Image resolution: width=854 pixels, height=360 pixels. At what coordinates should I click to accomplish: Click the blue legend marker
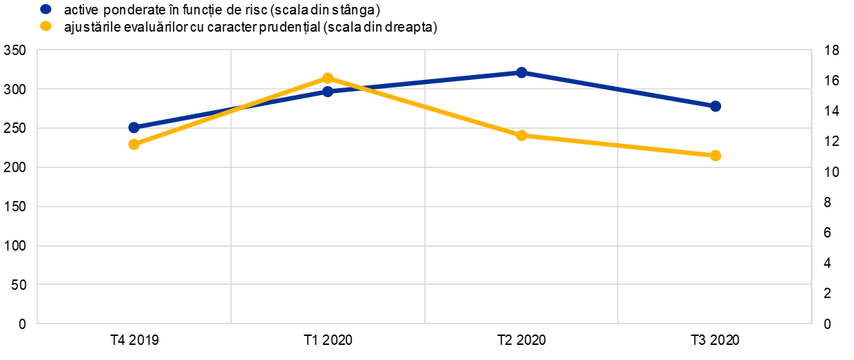(45, 9)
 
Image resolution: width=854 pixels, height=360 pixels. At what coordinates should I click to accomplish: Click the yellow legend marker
(45, 26)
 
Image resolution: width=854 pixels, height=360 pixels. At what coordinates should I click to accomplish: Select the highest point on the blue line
(521, 72)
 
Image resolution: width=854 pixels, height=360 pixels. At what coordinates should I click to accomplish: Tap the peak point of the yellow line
(328, 78)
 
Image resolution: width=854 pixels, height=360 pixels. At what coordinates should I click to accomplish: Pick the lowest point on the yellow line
(716, 156)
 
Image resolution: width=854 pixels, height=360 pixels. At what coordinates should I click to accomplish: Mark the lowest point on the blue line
(134, 127)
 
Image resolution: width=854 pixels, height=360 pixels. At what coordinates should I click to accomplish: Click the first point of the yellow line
(134, 144)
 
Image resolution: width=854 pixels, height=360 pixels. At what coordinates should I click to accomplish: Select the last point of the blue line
(716, 106)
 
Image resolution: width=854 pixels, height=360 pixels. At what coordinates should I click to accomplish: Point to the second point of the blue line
(328, 92)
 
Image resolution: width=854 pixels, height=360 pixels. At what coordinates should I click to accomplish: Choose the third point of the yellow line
(521, 135)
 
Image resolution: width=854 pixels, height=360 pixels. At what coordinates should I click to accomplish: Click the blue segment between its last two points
(618, 89)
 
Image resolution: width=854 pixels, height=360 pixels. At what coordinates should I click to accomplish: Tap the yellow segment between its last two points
(618, 145)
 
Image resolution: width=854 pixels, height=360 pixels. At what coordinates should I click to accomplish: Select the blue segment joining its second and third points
(424, 82)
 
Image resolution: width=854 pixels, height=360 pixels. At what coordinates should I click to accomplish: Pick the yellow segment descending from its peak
(424, 107)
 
